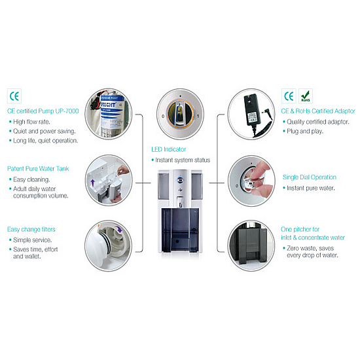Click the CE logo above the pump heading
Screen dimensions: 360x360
(14, 96)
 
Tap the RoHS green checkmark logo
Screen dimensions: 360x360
(306, 96)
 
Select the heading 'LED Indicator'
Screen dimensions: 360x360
(168, 149)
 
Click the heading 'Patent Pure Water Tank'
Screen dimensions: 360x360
(38, 169)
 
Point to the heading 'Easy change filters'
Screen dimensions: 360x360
(31, 229)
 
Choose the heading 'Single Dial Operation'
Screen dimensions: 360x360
(310, 177)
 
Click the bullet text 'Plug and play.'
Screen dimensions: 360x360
(305, 132)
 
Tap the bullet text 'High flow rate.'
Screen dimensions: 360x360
(31, 122)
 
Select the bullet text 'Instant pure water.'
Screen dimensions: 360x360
(311, 189)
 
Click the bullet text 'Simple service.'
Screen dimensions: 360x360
(32, 240)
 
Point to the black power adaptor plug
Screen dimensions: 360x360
(252, 110)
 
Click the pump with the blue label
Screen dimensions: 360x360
(113, 115)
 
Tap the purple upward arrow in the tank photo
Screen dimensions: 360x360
(93, 183)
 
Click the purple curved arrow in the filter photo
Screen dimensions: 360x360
(119, 229)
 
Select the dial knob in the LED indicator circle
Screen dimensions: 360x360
(180, 114)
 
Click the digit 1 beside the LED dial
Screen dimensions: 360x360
(198, 116)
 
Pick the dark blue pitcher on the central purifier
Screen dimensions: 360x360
(180, 230)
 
